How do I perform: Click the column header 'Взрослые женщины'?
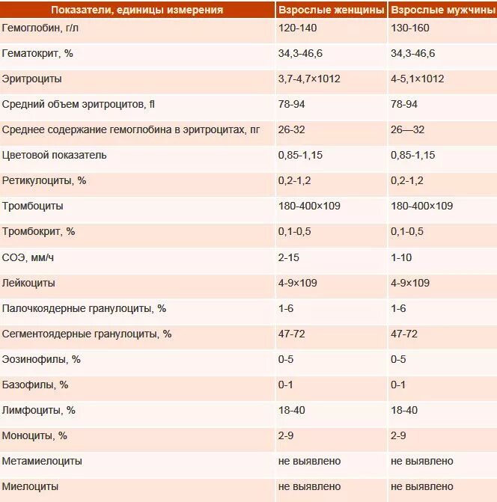(331, 10)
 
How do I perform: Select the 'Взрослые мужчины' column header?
(441, 10)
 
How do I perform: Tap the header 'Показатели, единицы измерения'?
(137, 10)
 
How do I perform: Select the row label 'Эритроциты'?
(32, 79)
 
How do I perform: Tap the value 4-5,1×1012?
(418, 79)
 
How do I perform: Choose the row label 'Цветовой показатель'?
(55, 156)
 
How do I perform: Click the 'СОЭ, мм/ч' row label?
(28, 258)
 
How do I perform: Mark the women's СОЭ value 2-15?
(289, 258)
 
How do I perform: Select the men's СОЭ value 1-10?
(402, 258)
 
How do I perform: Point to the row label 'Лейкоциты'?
(28, 284)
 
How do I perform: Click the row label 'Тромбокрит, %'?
(39, 232)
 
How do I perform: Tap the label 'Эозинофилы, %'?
(41, 360)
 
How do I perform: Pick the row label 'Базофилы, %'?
(35, 385)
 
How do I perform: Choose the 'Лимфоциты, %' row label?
(39, 411)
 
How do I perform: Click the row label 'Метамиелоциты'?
(43, 462)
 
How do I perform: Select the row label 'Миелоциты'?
(31, 487)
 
